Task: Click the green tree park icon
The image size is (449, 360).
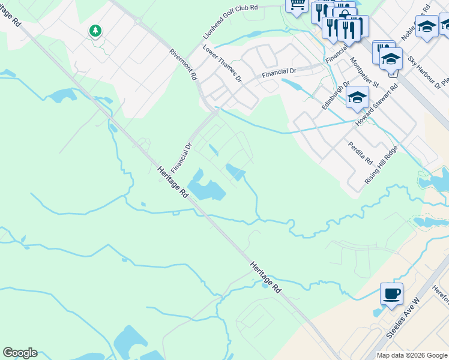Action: pos(95,31)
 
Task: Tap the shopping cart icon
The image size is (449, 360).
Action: pos(297,5)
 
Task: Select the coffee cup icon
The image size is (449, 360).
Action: pos(391,294)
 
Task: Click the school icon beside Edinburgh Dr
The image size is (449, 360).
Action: pos(357,97)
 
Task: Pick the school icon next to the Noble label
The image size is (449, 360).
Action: pos(427,27)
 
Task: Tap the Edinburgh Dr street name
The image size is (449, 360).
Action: pos(334,96)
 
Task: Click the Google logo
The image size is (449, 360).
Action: pos(20,353)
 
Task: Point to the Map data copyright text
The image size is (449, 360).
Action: pos(411,355)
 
